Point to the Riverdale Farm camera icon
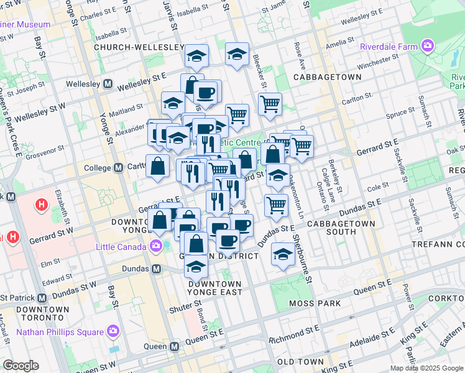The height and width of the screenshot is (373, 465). point(427,45)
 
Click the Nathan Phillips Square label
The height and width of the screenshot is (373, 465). point(60,331)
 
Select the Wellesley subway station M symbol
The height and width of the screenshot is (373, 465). point(108,83)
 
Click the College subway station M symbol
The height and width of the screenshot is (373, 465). point(119,168)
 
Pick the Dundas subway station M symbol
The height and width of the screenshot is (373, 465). point(157,269)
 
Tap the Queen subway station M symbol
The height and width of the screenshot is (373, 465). point(175,346)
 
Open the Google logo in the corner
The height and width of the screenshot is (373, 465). point(21,366)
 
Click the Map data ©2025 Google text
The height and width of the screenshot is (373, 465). point(426,368)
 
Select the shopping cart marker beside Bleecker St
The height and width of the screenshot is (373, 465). point(270,104)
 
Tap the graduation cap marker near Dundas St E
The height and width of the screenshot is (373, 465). point(283,254)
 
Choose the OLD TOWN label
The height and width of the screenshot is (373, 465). point(300,362)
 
